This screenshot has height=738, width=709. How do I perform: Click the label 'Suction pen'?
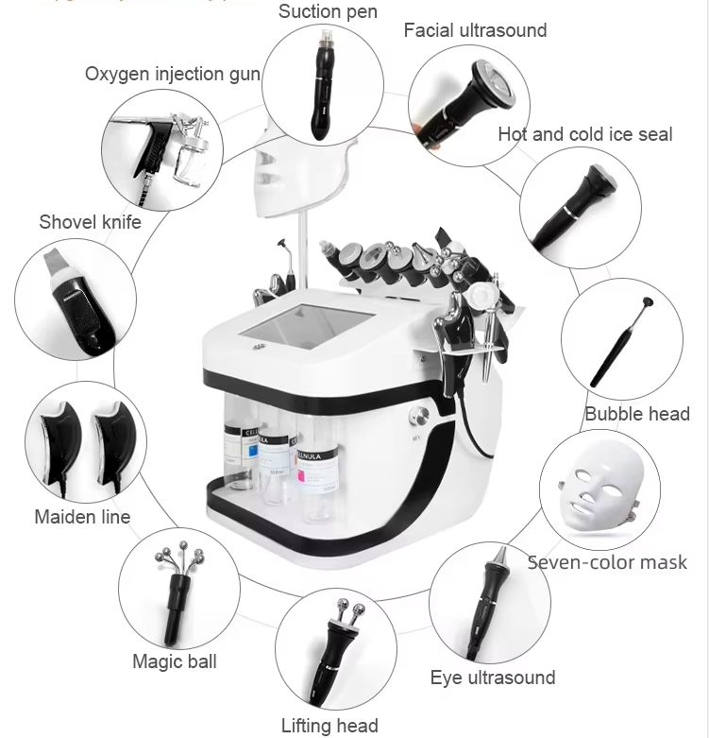(327, 12)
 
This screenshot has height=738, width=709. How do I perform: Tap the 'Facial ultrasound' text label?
(475, 30)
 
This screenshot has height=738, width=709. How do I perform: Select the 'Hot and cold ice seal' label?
(584, 134)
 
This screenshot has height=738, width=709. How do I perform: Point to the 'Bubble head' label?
(636, 413)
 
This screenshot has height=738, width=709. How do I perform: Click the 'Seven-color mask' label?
(606, 562)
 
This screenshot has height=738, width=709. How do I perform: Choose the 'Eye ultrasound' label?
(492, 678)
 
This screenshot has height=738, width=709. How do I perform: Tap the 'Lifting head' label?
(329, 726)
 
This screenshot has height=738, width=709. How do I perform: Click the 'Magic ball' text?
(174, 661)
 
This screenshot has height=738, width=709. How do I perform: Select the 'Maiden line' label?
(82, 517)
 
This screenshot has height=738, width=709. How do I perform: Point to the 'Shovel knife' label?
(90, 222)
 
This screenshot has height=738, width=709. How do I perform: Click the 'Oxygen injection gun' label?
(172, 74)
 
